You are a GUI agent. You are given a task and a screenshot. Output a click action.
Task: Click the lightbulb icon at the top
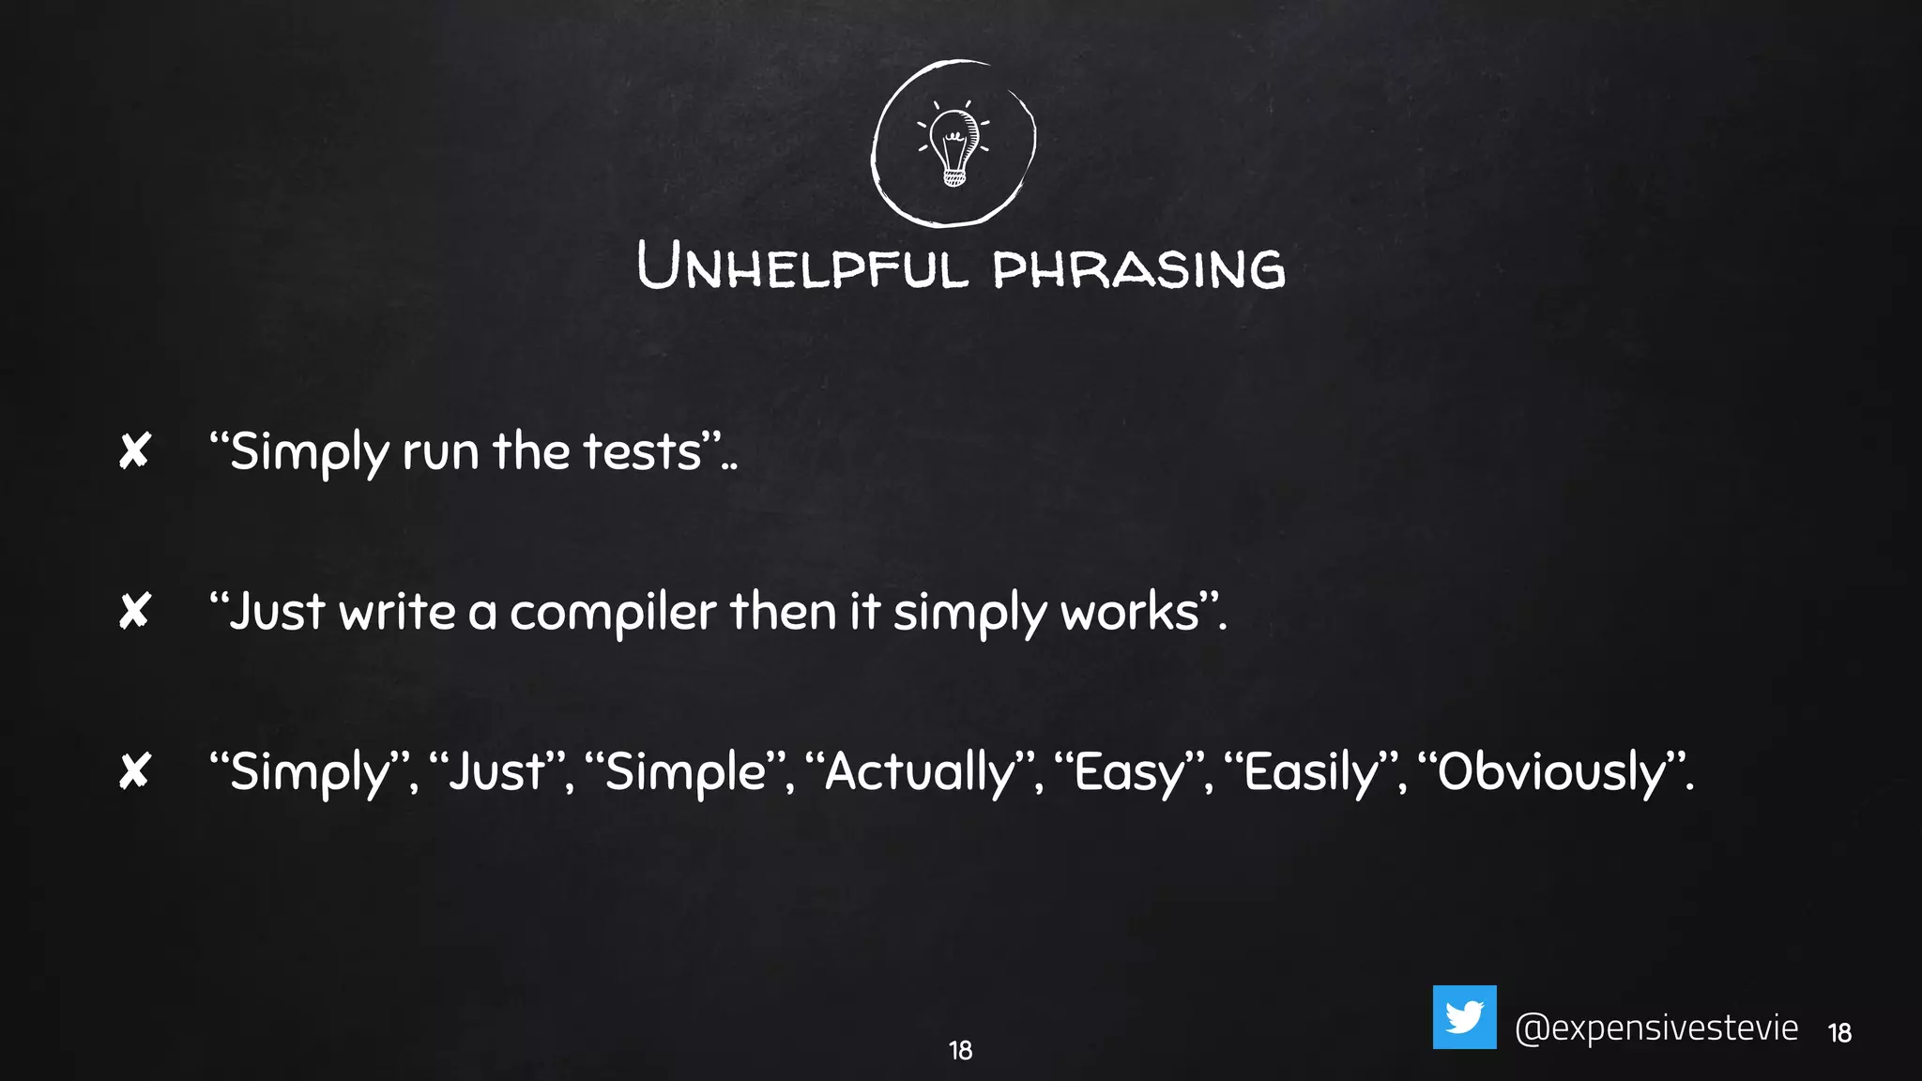click(x=953, y=143)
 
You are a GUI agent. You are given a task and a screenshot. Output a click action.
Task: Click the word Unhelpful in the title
click(x=802, y=266)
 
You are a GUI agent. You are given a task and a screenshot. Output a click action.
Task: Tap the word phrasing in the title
click(x=1138, y=269)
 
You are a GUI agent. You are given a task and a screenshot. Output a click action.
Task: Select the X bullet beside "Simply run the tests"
click(x=135, y=451)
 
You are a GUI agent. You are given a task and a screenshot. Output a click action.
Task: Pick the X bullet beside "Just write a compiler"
click(x=135, y=612)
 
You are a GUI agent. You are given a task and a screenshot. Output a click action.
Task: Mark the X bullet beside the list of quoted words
click(x=135, y=772)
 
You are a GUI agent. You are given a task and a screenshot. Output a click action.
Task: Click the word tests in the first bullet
click(x=642, y=451)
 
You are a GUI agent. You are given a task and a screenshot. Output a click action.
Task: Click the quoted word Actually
click(x=920, y=773)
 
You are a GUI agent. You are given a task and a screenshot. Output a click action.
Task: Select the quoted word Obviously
click(x=1552, y=773)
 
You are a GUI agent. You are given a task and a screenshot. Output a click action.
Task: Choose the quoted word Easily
click(x=1312, y=773)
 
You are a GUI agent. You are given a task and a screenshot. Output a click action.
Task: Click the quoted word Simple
click(x=686, y=773)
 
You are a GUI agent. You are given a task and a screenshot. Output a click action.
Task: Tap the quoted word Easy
click(x=1130, y=773)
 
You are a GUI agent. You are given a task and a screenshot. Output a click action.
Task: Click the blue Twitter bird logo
click(x=1464, y=1017)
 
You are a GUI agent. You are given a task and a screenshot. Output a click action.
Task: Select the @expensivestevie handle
click(x=1656, y=1028)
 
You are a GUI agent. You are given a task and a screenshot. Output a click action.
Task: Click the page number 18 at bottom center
click(x=960, y=1050)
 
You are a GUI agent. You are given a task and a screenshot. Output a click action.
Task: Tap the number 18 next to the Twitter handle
click(x=1839, y=1033)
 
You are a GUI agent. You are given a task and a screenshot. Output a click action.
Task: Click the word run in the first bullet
click(x=440, y=452)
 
